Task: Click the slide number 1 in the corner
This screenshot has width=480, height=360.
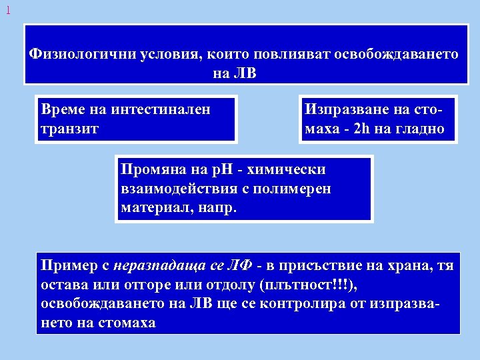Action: pyautogui.click(x=7, y=11)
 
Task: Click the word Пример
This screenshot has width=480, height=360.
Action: pyautogui.click(x=66, y=265)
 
